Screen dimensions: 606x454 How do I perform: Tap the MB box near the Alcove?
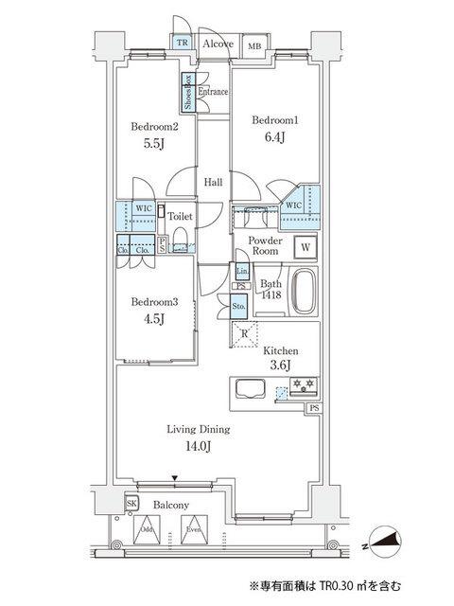[x=254, y=45]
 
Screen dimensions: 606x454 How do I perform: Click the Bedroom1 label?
[x=276, y=119]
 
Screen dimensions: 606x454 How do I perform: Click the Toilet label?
[x=180, y=216]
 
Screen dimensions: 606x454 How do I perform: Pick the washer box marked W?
[x=305, y=248]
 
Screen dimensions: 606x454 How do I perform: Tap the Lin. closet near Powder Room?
[x=242, y=271]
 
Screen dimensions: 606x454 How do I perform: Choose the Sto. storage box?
[x=239, y=306]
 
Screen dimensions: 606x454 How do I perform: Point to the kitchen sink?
[x=251, y=390]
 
